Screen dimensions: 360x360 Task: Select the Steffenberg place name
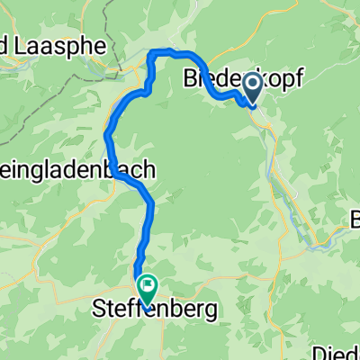155,311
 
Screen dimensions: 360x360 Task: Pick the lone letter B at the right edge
355,219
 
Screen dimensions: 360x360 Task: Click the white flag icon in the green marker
145,285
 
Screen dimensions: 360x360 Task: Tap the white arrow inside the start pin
251,85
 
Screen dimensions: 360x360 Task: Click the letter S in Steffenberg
99,311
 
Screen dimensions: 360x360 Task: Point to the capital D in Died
321,354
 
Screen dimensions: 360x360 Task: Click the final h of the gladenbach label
149,168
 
